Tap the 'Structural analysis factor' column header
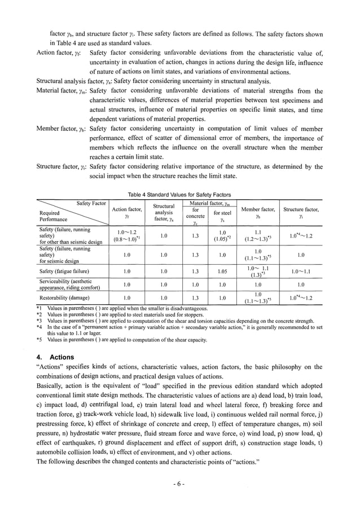click(163, 213)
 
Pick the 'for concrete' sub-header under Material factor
click(195, 216)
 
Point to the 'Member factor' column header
click(258, 212)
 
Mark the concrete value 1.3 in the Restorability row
click(195, 297)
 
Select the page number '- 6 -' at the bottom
click(179, 484)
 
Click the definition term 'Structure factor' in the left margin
click(61, 166)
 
